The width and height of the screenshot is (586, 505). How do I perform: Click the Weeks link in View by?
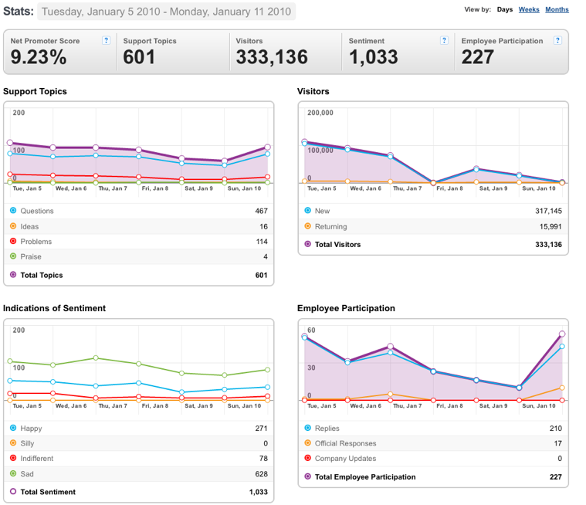coord(528,9)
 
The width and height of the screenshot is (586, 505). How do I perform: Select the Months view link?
coord(557,9)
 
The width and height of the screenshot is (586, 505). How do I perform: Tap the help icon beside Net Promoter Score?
coord(106,40)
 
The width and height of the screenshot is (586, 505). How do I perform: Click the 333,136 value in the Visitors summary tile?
coord(272,57)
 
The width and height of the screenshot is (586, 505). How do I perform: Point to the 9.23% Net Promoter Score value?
coord(39,57)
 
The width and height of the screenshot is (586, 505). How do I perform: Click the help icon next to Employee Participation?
coord(557,40)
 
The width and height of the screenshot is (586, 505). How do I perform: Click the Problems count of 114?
coord(262,242)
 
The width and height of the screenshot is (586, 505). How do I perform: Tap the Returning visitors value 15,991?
coord(550,226)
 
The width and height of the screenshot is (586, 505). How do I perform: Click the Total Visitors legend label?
coord(337,245)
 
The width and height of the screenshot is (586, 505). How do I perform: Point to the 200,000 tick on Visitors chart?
coord(320,113)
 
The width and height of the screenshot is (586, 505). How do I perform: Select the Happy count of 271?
coord(261,429)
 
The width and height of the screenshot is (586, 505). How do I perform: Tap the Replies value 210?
coord(556,429)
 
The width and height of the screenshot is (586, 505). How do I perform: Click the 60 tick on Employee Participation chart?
coord(311,330)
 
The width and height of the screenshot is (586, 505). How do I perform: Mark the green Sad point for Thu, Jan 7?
coord(96,358)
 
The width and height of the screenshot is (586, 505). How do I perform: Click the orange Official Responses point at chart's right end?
coord(562,388)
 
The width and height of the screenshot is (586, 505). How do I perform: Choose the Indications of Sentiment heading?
coord(54,308)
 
